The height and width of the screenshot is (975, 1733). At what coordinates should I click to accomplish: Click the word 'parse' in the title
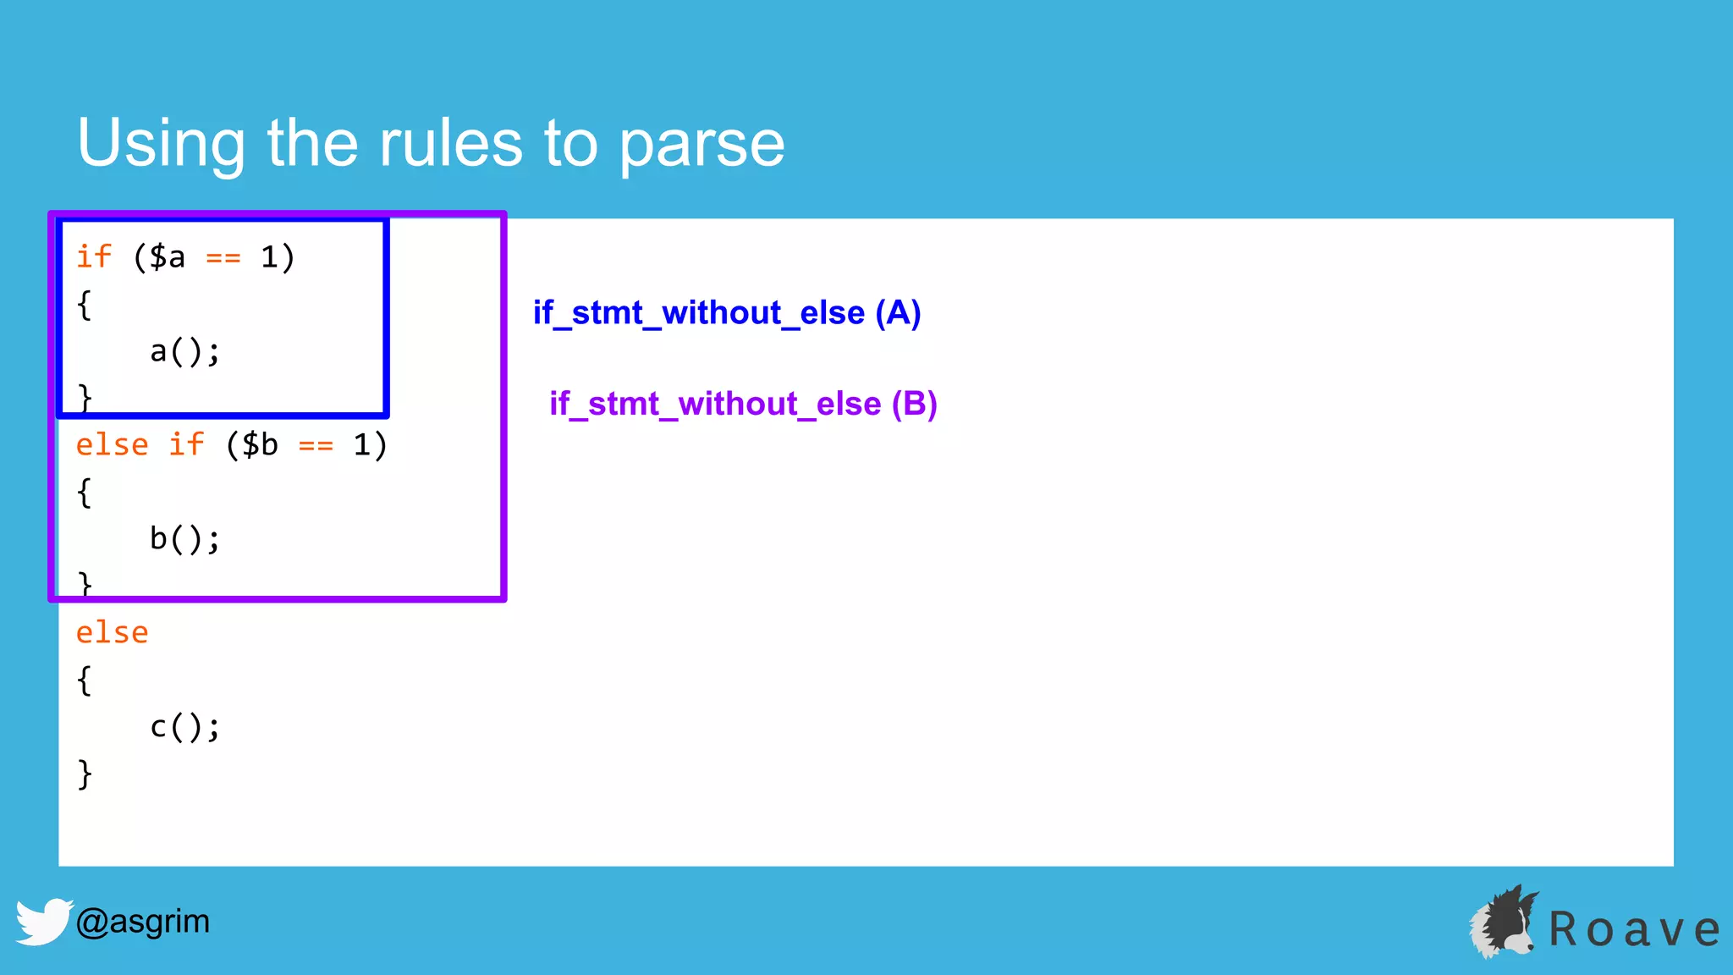(x=701, y=145)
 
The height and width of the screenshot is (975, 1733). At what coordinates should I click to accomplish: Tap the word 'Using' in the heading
(x=161, y=145)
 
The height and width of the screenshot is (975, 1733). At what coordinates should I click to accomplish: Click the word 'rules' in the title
(x=450, y=143)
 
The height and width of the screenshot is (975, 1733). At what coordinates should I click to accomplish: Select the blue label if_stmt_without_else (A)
(x=726, y=313)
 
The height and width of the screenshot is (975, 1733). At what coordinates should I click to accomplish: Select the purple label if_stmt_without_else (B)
(x=743, y=404)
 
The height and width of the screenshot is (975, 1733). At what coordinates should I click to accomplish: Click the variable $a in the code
(x=168, y=256)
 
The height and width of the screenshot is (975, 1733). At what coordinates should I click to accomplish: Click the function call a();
(x=184, y=350)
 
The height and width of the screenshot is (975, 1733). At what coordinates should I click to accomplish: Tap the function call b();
(x=184, y=538)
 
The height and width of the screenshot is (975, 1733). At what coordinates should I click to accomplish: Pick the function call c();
(x=184, y=726)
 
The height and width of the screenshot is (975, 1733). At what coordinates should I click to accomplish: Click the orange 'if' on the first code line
(x=93, y=256)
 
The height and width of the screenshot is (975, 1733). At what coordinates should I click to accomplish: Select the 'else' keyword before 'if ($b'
(x=112, y=444)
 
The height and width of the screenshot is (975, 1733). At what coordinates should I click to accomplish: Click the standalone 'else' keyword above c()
(x=112, y=632)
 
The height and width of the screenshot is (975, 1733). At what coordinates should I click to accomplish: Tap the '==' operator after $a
(x=223, y=257)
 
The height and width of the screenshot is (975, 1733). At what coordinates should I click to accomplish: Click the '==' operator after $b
(x=316, y=445)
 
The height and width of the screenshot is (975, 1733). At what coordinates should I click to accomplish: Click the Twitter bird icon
(x=42, y=921)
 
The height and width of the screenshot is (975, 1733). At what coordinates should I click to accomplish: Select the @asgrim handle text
(x=142, y=921)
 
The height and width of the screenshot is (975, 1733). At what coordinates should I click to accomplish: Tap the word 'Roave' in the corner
(x=1633, y=929)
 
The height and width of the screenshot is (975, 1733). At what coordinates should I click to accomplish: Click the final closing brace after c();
(x=85, y=774)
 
